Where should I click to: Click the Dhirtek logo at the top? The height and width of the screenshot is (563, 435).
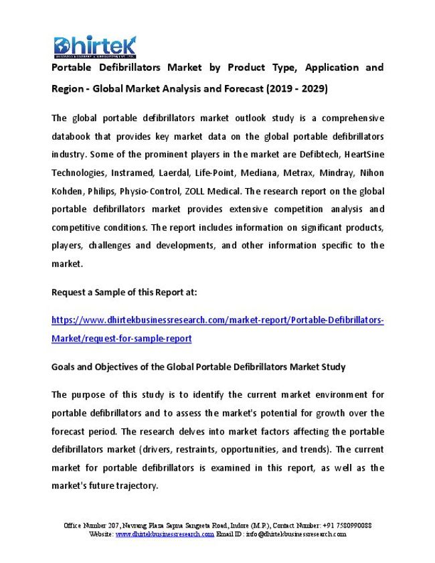click(95, 46)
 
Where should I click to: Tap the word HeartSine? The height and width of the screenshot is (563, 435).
click(363, 155)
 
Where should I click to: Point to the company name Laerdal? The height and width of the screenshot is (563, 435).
click(171, 173)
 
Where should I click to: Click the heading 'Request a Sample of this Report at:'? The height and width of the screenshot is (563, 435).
click(124, 292)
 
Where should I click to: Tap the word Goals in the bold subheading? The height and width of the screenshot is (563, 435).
click(64, 367)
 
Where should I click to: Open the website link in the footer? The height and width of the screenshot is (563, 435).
click(165, 534)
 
